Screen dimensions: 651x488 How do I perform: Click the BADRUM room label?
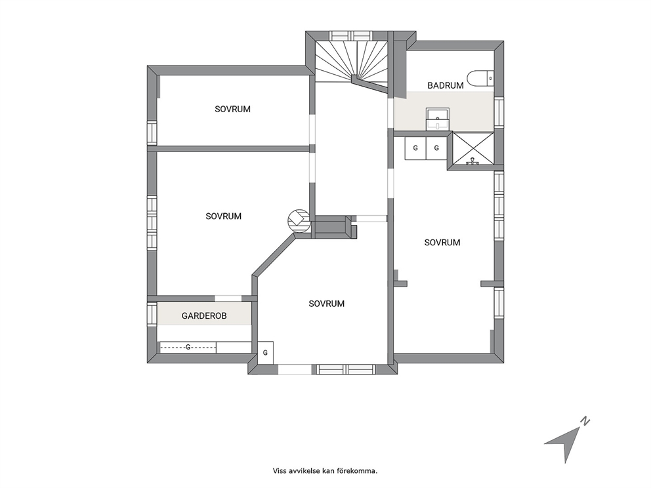[x=446, y=85]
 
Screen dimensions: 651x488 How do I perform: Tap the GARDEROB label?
[x=204, y=315]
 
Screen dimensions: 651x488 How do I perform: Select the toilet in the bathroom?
[x=480, y=78]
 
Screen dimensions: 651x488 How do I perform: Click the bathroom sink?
[x=437, y=119]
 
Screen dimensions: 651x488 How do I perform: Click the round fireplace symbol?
[x=299, y=220]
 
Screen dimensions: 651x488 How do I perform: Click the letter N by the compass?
[x=585, y=421]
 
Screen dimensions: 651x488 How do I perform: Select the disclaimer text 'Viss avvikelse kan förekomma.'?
[x=325, y=471]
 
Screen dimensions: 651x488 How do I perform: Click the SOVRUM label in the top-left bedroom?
[x=232, y=109]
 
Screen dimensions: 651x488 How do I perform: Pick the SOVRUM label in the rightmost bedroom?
[x=442, y=242]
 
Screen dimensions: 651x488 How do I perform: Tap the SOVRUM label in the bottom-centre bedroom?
[x=327, y=304]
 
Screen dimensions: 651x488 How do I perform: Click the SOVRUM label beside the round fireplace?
[x=223, y=216]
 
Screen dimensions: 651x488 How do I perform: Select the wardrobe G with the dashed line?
[x=188, y=347]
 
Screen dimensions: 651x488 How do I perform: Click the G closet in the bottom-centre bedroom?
[x=265, y=353]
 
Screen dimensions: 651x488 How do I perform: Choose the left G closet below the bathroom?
[x=415, y=148]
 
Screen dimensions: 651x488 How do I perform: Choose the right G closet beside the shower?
[x=436, y=148]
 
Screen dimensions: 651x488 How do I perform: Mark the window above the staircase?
[x=352, y=35]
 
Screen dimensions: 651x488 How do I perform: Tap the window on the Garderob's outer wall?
[x=152, y=315]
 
